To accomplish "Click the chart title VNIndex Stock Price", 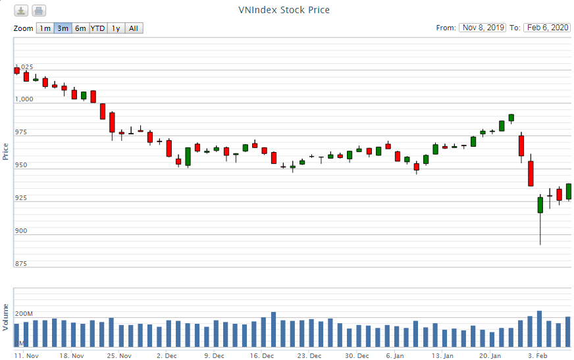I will click(x=284, y=10).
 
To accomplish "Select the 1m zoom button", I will click(x=44, y=28).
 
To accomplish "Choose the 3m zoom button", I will click(x=63, y=28).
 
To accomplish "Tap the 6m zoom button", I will click(x=80, y=28).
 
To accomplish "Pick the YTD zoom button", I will click(x=97, y=28).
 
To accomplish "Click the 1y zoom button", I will click(x=116, y=28).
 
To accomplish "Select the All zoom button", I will click(x=134, y=28).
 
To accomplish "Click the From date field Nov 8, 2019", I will click(x=483, y=28).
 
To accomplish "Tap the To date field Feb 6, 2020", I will click(x=547, y=28).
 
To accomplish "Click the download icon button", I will click(x=22, y=11).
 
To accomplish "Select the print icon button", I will click(x=39, y=11).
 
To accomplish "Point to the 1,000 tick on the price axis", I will click(x=24, y=99).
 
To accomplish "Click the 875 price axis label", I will click(x=22, y=264).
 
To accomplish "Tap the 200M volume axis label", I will click(x=24, y=314).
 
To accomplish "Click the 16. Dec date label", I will click(x=262, y=355).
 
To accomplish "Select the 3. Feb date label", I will click(x=538, y=355).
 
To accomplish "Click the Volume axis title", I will click(x=6, y=317).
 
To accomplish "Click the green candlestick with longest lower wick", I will click(x=540, y=205).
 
